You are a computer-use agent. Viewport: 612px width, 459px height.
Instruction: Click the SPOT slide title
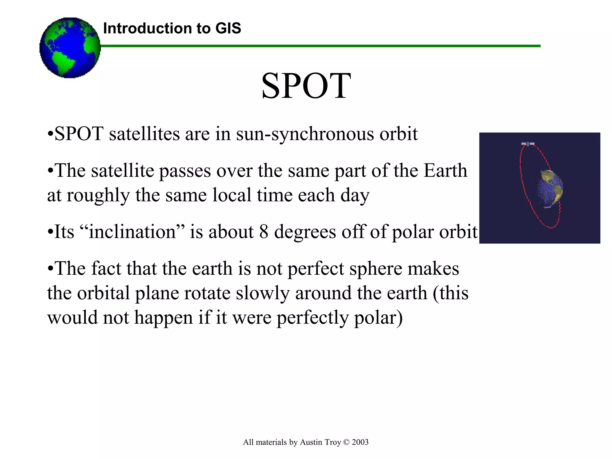306,86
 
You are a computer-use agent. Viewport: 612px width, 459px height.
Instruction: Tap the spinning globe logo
70,48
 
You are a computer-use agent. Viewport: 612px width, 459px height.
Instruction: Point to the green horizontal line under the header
320,46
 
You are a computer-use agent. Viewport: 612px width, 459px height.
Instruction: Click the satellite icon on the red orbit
528,144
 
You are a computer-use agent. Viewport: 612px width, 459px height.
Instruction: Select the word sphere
376,268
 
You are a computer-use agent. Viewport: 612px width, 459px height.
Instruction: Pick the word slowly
263,293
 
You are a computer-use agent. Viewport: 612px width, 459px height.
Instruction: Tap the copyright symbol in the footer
346,442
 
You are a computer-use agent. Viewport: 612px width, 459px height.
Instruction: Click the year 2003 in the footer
360,442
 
